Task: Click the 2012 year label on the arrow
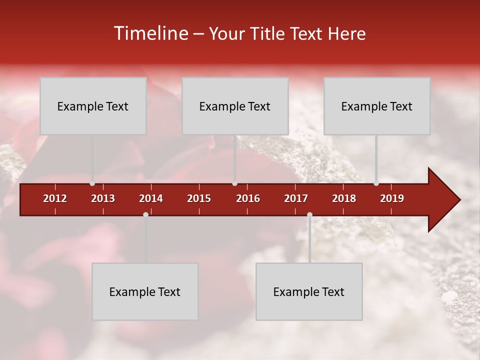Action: (x=55, y=198)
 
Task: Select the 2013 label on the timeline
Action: (x=103, y=198)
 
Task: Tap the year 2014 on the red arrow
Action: (x=151, y=198)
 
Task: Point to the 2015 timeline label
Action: (x=199, y=198)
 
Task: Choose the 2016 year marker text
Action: (x=248, y=198)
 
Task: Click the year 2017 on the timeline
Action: (x=296, y=198)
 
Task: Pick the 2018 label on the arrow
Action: (x=344, y=198)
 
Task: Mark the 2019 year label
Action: (x=392, y=198)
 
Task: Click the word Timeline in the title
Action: (x=151, y=33)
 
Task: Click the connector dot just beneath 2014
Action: (x=145, y=214)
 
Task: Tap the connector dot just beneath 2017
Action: (x=309, y=214)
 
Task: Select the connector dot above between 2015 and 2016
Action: (x=234, y=183)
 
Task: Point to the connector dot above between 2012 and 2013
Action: (x=92, y=183)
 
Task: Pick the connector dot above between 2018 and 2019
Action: (x=376, y=183)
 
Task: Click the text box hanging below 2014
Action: (x=145, y=291)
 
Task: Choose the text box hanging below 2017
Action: (x=309, y=291)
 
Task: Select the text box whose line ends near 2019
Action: (x=377, y=106)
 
